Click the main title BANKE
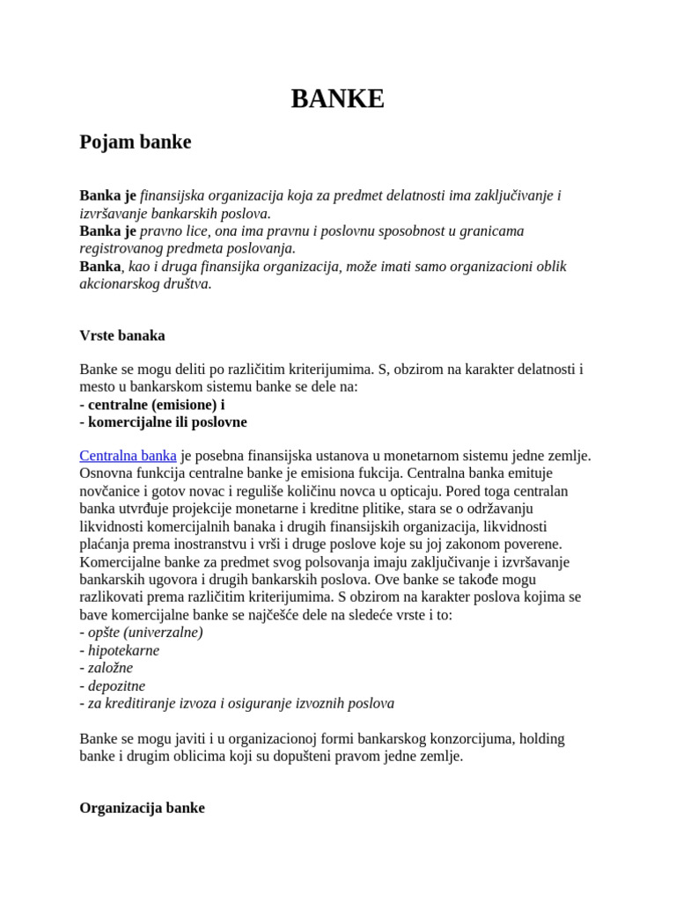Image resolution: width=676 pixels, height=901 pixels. (337, 99)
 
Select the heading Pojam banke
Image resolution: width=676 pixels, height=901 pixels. (135, 142)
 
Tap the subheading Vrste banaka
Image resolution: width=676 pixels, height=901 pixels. (121, 335)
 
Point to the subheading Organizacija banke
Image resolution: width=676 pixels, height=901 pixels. (142, 807)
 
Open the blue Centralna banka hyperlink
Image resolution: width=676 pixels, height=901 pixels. (128, 456)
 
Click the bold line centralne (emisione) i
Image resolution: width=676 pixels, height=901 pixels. (151, 404)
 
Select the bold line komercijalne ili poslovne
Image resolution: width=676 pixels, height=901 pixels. (163, 421)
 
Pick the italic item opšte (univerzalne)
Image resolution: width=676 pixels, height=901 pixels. (143, 633)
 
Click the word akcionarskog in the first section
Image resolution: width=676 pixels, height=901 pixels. (119, 284)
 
